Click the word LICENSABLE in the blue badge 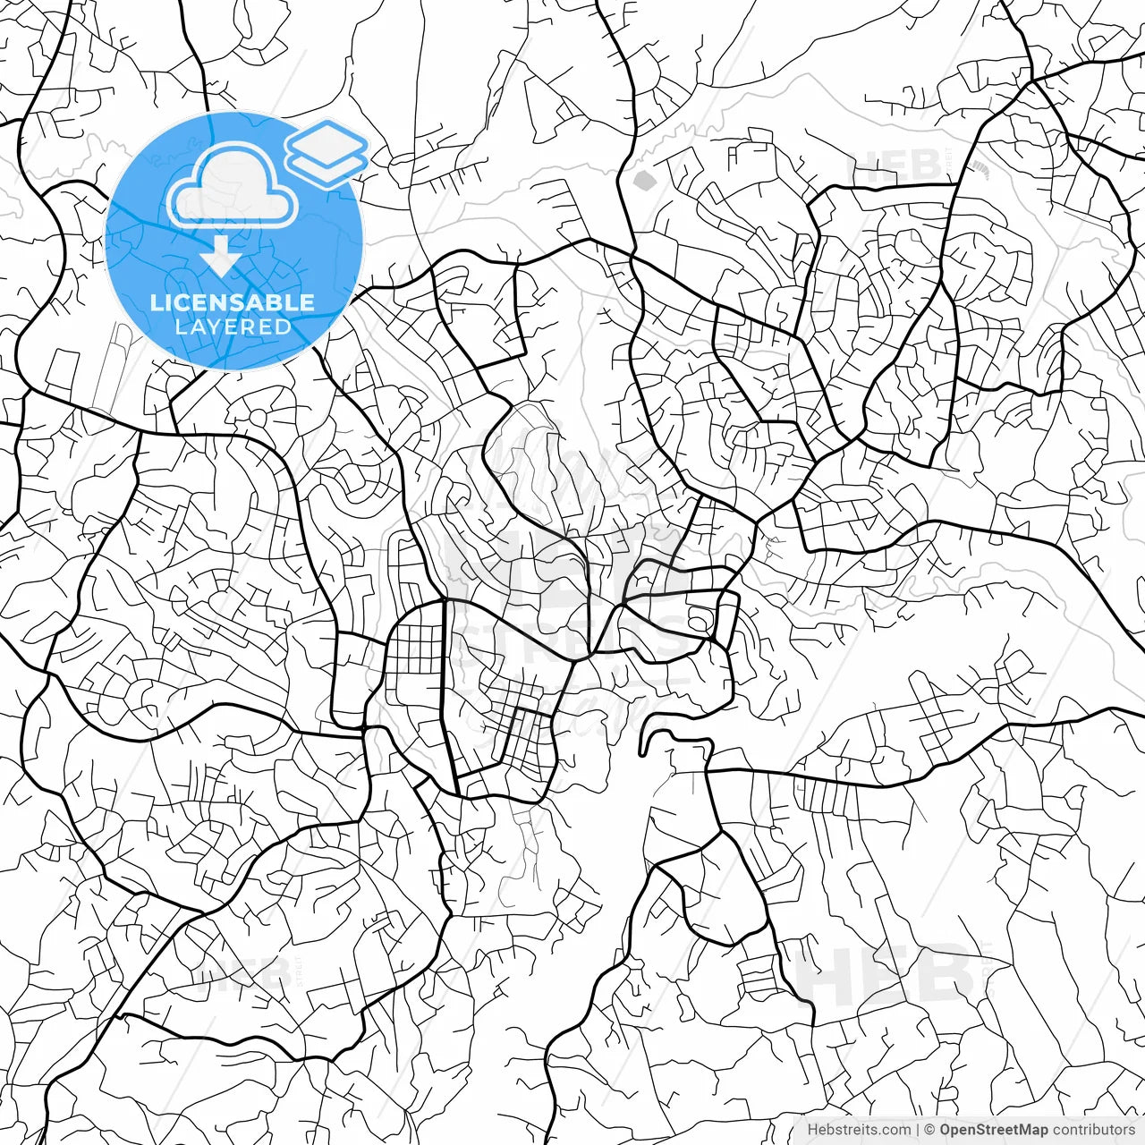click(x=233, y=302)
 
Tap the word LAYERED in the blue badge click(x=233, y=327)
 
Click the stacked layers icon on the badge click(x=327, y=152)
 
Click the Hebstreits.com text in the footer click(x=859, y=1130)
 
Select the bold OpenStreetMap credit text click(x=994, y=1130)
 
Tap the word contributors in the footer click(x=1094, y=1130)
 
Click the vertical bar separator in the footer click(x=918, y=1130)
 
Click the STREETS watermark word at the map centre click(x=572, y=640)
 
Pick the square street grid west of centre click(x=414, y=650)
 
